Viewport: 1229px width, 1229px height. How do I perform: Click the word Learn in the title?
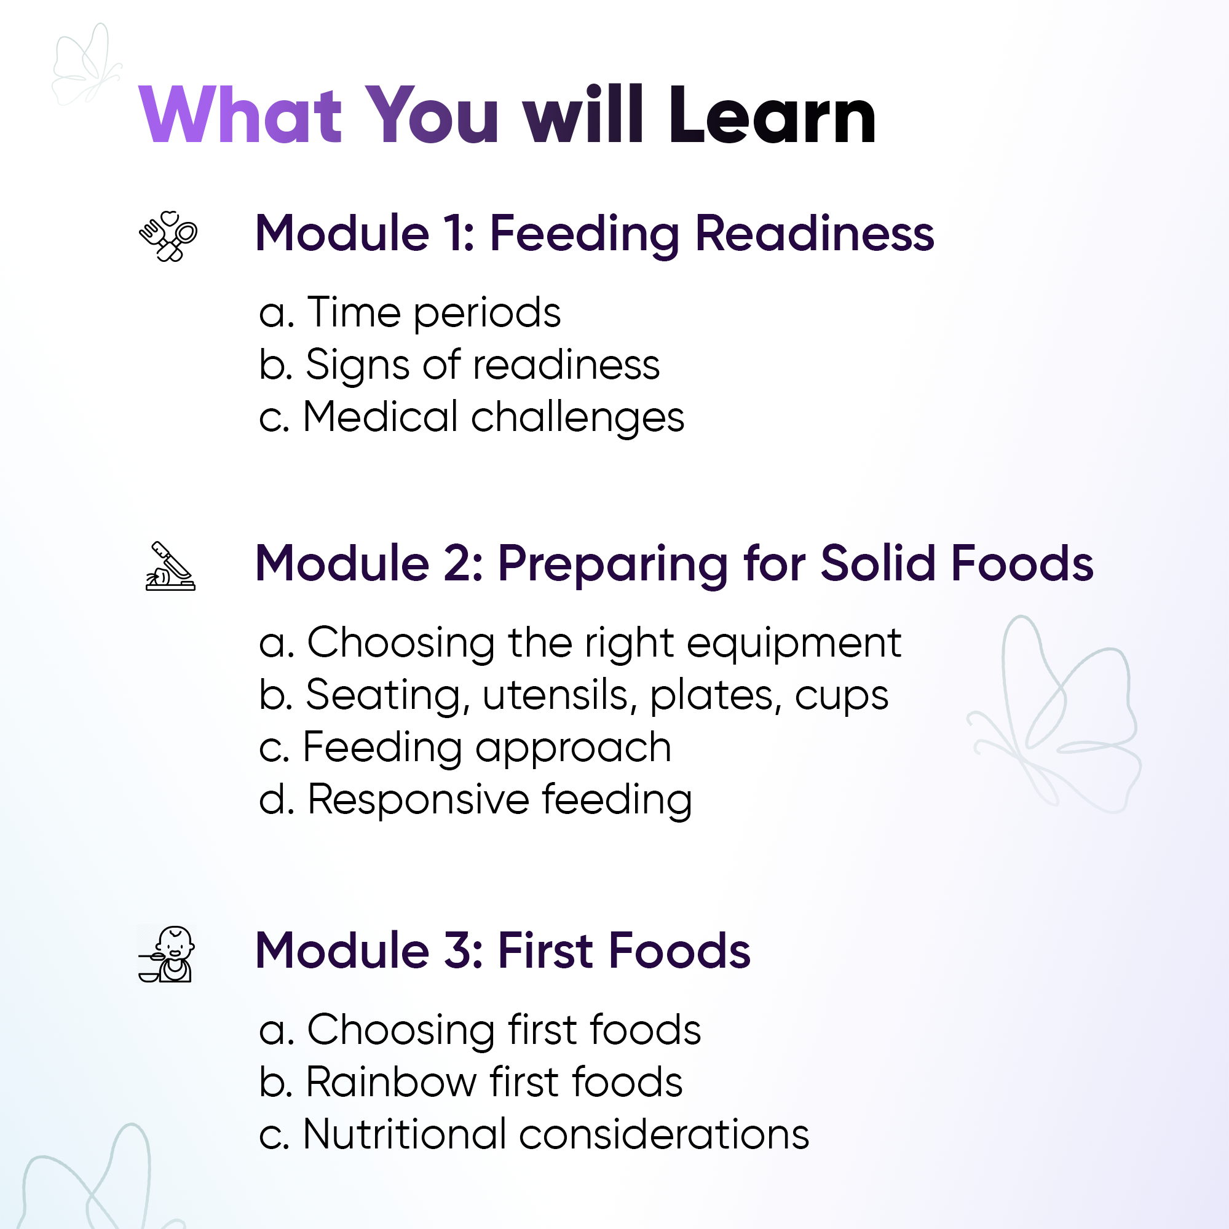(772, 115)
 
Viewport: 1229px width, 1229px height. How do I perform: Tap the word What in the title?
(241, 115)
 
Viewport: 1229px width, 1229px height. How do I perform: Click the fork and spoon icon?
(168, 236)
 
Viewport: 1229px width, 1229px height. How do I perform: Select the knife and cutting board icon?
(170, 566)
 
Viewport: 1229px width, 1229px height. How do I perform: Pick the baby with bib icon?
(167, 954)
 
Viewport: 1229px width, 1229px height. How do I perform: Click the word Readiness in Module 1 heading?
(815, 234)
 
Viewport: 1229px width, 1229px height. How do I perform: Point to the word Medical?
(381, 417)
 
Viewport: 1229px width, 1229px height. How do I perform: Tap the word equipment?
(794, 644)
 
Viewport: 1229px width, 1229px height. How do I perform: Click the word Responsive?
(419, 799)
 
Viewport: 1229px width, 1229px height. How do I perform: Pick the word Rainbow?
(391, 1082)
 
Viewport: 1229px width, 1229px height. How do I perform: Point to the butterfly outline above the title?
(85, 63)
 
